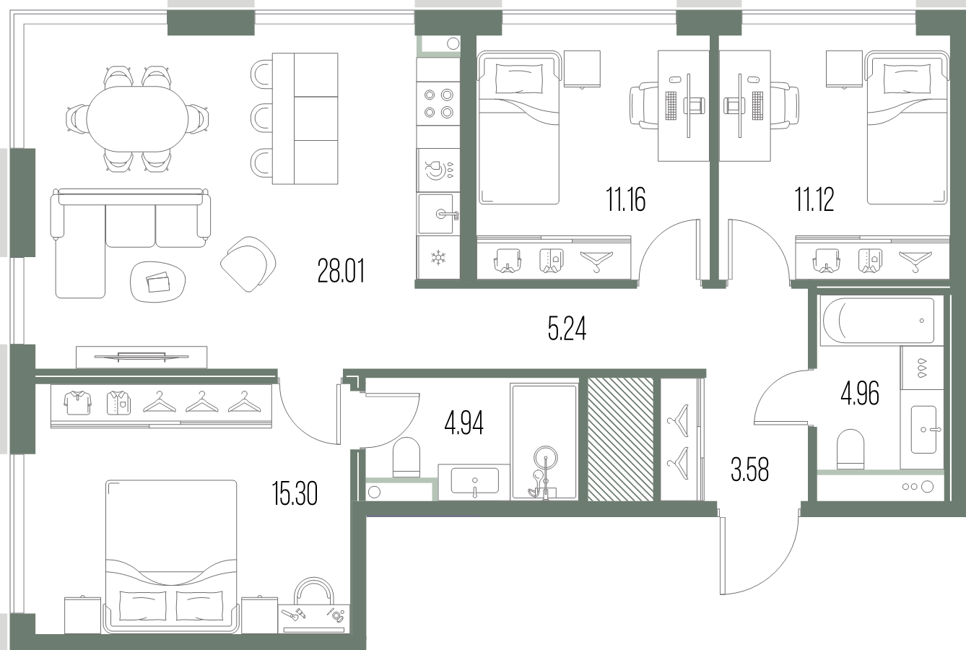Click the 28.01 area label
(x=341, y=270)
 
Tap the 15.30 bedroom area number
(x=295, y=493)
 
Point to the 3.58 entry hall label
(x=749, y=469)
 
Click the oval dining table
(x=138, y=119)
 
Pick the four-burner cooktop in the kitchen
(x=438, y=103)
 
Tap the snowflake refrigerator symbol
(x=438, y=258)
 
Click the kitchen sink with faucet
(x=438, y=214)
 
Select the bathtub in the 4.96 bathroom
(x=878, y=321)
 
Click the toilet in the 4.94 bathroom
(x=406, y=458)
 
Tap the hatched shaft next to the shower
(x=621, y=439)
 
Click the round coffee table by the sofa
(x=158, y=282)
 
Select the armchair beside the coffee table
(x=248, y=264)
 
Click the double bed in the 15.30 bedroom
(x=171, y=557)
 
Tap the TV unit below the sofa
(x=142, y=357)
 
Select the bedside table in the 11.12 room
(x=844, y=69)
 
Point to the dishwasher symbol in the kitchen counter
(x=438, y=170)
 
